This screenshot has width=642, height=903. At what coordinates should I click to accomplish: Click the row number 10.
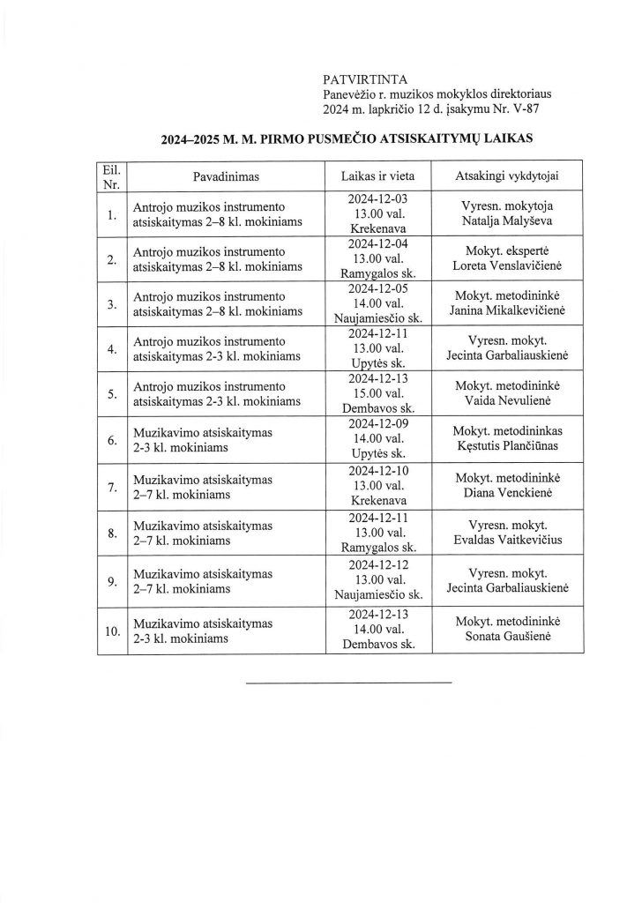click(111, 631)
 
